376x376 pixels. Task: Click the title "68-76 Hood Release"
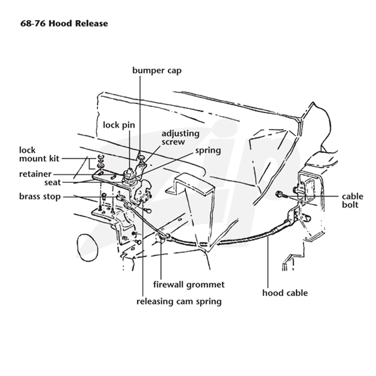[x=64, y=23]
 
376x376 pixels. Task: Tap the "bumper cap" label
[x=157, y=70]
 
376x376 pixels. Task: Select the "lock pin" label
[x=119, y=125]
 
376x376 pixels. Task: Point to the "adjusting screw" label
[x=180, y=137]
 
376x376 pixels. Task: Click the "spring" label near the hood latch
[x=208, y=151]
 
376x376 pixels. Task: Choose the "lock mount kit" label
[x=39, y=154]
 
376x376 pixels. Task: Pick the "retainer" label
[x=35, y=174]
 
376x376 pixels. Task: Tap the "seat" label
[x=53, y=182]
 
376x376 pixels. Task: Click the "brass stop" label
[x=40, y=196]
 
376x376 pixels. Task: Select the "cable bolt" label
[x=352, y=201]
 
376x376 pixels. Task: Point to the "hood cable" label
[x=285, y=293]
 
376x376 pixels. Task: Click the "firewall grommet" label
[x=189, y=285]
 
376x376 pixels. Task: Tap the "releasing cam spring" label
[x=179, y=301]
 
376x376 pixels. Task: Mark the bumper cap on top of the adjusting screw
[x=141, y=157]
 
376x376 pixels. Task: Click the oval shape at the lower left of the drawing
[x=87, y=248]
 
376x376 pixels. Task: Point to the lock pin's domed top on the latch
[x=130, y=172]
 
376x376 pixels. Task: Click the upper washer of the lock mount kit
[x=101, y=157]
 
